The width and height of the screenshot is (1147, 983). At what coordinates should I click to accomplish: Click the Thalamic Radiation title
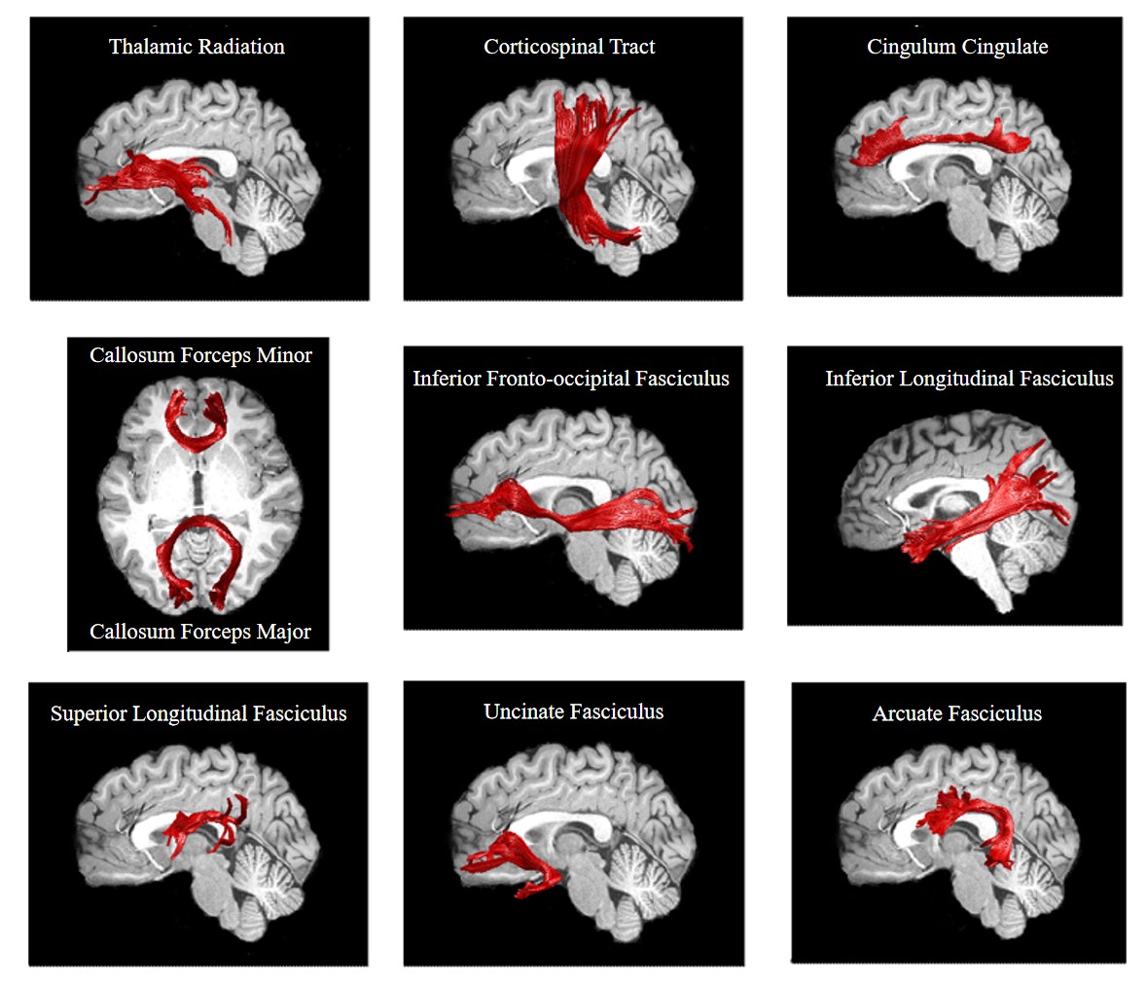tap(197, 47)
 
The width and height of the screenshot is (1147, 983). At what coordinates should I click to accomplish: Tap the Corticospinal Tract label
tap(569, 47)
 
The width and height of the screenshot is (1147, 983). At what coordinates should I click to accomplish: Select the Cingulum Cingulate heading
tap(957, 47)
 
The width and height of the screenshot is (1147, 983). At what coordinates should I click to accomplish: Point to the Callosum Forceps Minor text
tap(200, 355)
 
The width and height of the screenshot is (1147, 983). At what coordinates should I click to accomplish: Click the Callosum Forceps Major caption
tap(200, 632)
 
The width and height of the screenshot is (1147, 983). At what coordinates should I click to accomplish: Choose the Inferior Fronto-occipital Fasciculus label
tap(571, 379)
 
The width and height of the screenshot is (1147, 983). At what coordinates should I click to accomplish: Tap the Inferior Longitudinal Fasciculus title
tap(969, 379)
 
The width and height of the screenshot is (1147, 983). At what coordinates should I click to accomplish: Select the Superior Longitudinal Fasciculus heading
tap(198, 713)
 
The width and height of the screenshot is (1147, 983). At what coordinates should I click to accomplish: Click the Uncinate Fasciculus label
tap(573, 711)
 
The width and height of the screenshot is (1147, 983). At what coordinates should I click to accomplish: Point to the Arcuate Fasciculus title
tap(957, 713)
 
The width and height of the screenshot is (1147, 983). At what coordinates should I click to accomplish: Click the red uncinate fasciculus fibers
tap(511, 856)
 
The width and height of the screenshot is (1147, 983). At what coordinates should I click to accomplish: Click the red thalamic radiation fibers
tap(165, 180)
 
